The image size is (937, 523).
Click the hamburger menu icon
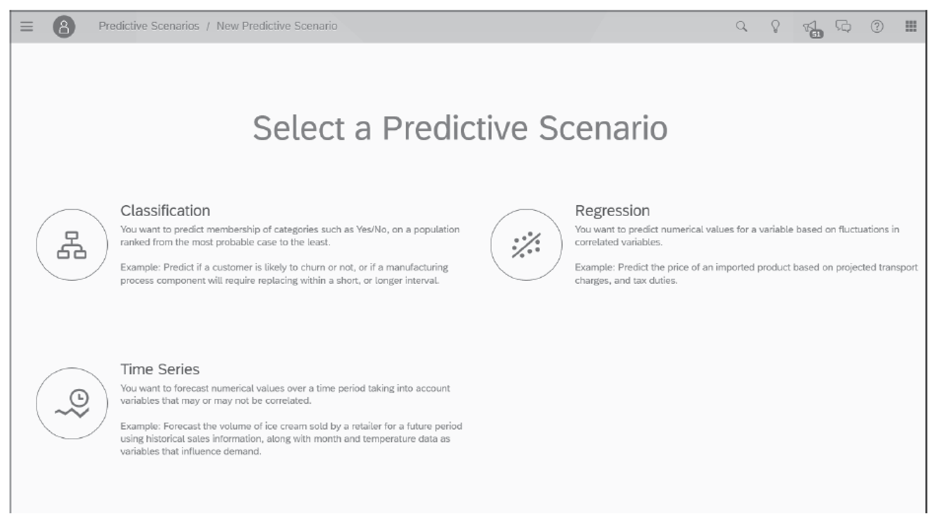pyautogui.click(x=27, y=26)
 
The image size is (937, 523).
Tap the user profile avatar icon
pyautogui.click(x=64, y=26)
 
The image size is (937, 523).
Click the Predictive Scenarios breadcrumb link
pyautogui.click(x=148, y=26)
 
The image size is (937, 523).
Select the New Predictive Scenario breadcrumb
pyautogui.click(x=276, y=26)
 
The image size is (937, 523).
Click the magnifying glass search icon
pyautogui.click(x=741, y=26)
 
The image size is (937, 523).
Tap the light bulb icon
pyautogui.click(x=775, y=26)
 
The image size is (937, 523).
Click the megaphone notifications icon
pyautogui.click(x=810, y=27)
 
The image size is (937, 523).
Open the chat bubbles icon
pyautogui.click(x=843, y=26)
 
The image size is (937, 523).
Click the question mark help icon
pyautogui.click(x=877, y=26)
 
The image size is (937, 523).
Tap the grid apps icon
pyautogui.click(x=910, y=26)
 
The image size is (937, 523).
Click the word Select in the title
pyautogui.click(x=298, y=129)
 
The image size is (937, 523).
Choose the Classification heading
pyautogui.click(x=165, y=210)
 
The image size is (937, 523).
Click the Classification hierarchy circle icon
pyautogui.click(x=72, y=245)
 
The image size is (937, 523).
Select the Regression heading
pyautogui.click(x=612, y=210)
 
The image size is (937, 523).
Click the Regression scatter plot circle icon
pyautogui.click(x=526, y=245)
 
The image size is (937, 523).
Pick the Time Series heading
pyautogui.click(x=160, y=369)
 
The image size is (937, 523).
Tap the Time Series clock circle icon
pyautogui.click(x=72, y=403)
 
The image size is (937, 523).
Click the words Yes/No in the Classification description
pyautogui.click(x=372, y=229)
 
